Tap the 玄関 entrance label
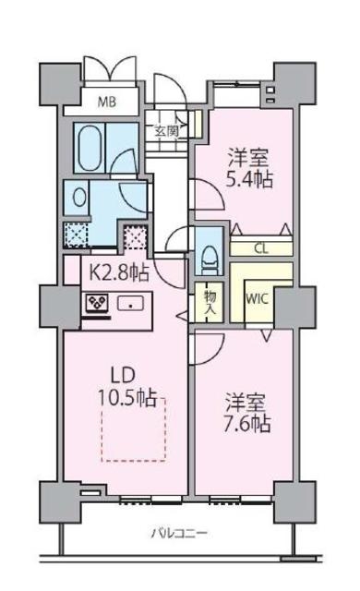pos(167,130)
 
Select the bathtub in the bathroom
pos(89,146)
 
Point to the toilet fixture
pos(208,247)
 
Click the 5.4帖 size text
pos(250,177)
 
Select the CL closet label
pos(261,248)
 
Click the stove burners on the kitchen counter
pos(96,302)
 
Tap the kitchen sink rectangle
pos(130,302)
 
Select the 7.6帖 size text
pos(247,425)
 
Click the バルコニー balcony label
pos(179,534)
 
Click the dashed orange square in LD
pos(132,428)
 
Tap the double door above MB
pos(110,71)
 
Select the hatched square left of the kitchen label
pos(76,234)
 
